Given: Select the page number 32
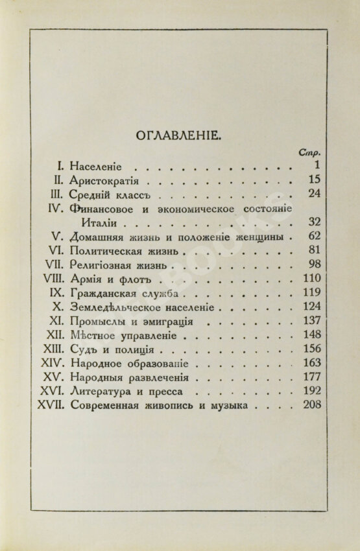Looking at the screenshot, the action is point(315,222).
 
